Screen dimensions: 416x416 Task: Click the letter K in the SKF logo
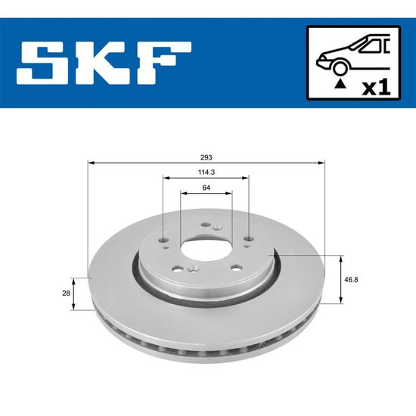(x=106, y=63)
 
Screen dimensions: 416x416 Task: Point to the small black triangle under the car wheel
(x=340, y=84)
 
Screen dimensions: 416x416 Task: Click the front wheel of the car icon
(x=340, y=68)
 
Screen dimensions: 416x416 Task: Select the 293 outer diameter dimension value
(x=206, y=157)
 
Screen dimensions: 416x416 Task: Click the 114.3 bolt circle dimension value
(x=206, y=172)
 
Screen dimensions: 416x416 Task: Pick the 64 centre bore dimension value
(x=206, y=188)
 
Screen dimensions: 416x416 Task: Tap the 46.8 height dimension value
(x=351, y=280)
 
